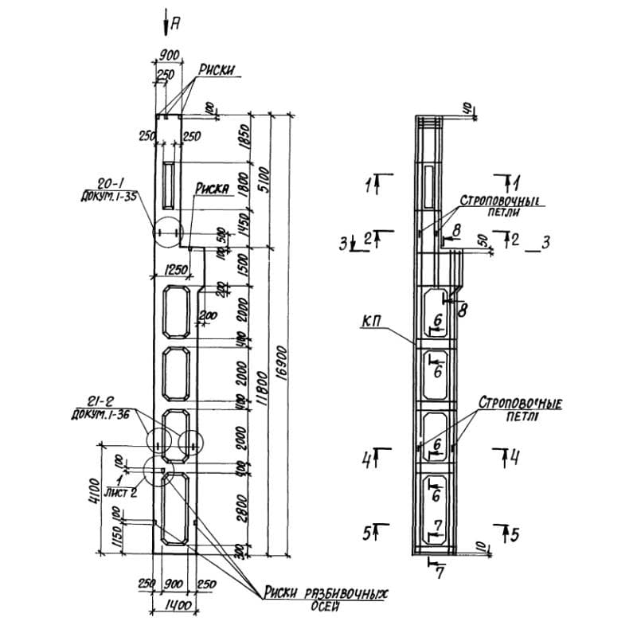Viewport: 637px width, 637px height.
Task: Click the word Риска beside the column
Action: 213,190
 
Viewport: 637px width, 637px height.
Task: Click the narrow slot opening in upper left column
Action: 168,182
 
